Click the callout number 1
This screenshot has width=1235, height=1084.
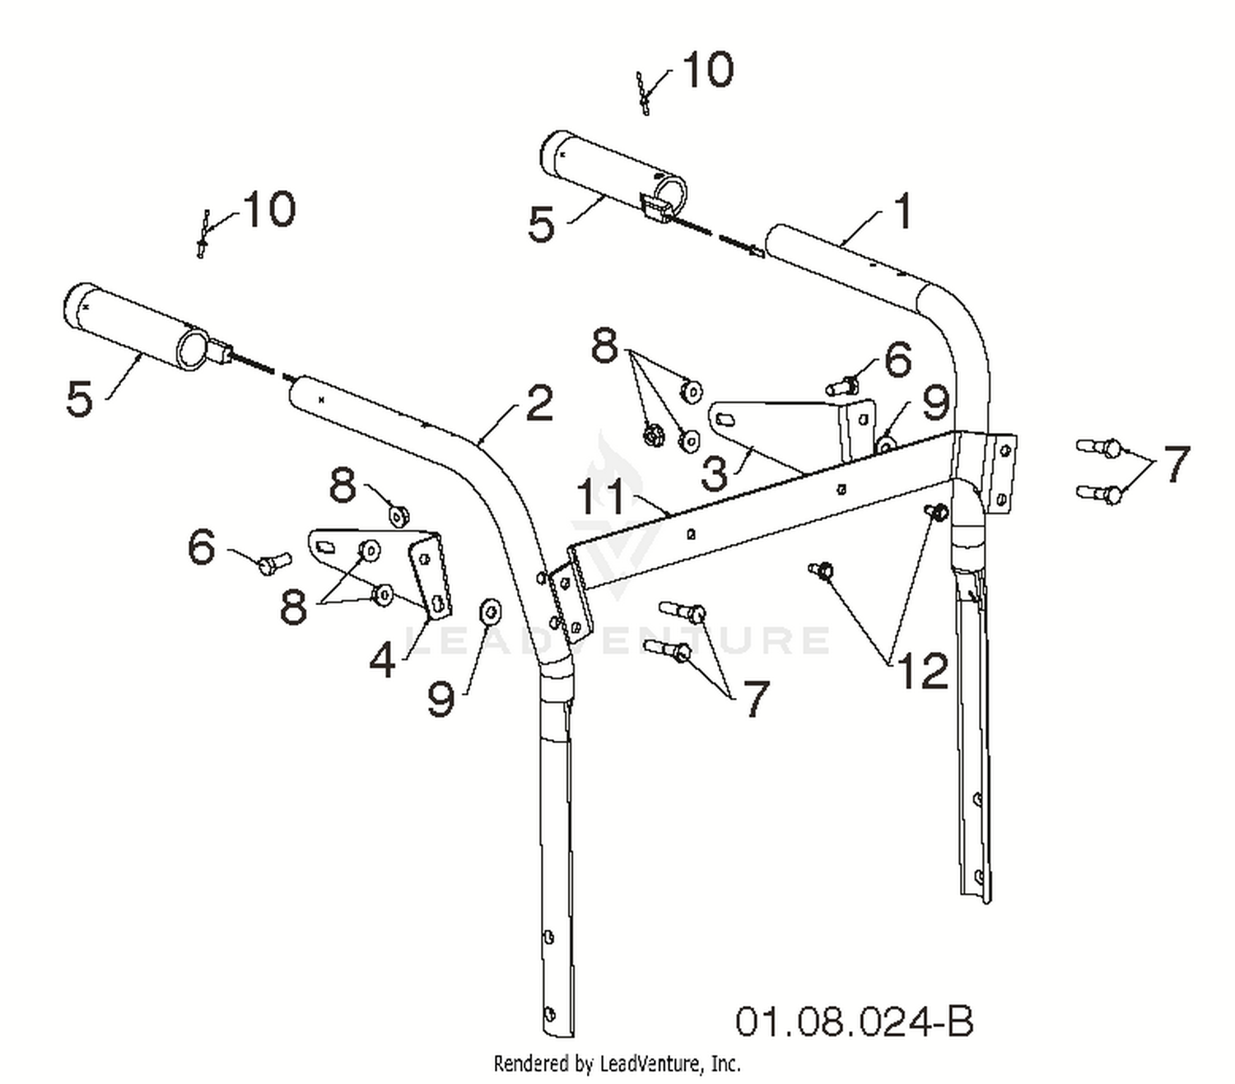tap(902, 212)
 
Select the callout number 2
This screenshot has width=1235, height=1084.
tap(538, 402)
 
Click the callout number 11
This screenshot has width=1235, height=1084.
tap(600, 496)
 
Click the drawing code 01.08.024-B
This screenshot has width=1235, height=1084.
tap(854, 1021)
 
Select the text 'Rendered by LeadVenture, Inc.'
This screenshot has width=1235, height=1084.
tap(617, 1063)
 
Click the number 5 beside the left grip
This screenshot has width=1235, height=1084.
tap(79, 399)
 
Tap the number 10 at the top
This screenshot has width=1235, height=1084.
tap(707, 69)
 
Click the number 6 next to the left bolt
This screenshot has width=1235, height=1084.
tap(202, 547)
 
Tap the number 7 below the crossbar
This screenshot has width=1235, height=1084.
tap(755, 698)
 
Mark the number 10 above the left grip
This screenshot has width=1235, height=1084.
tap(269, 209)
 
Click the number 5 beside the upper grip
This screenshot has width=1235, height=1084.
tap(541, 224)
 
